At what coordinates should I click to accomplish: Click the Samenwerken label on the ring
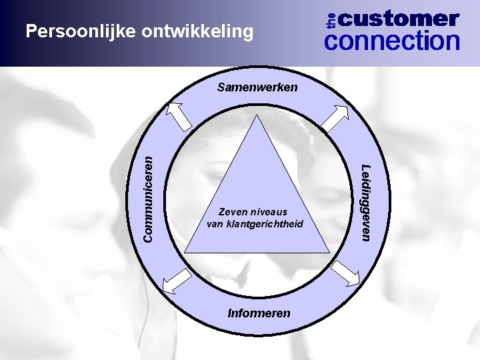click(258, 87)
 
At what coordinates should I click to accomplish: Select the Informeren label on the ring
click(259, 312)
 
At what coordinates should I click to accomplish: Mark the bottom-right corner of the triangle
click(329, 252)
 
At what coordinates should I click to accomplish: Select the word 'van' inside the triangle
click(215, 224)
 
